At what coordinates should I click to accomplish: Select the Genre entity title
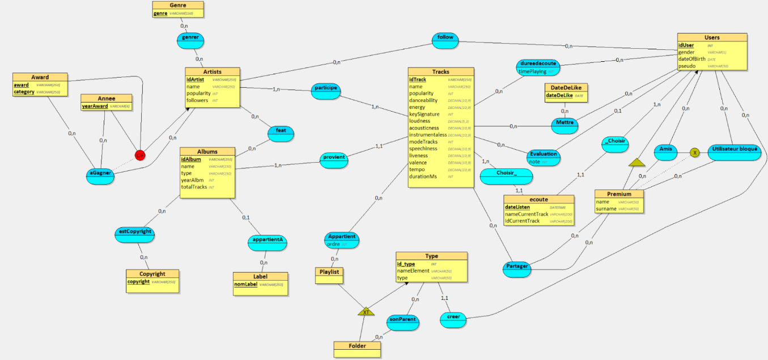(177, 5)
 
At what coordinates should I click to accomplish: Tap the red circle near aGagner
(139, 155)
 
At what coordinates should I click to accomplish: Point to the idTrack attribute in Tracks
(418, 79)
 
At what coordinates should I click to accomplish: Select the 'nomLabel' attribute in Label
(245, 284)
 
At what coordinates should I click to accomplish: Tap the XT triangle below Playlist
(366, 312)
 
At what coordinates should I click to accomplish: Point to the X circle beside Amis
(694, 153)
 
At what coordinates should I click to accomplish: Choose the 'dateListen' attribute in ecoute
(517, 207)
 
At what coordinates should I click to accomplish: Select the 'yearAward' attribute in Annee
(95, 106)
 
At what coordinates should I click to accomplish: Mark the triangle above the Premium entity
(637, 163)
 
